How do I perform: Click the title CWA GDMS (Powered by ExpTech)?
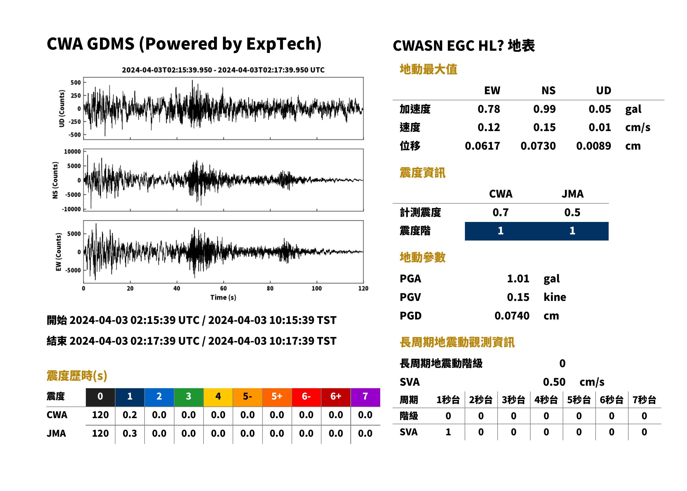[184, 44]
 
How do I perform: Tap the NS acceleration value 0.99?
[544, 109]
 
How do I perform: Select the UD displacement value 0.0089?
[593, 146]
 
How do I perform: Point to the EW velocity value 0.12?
[488, 127]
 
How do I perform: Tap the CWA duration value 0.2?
[130, 415]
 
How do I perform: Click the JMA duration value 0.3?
[130, 434]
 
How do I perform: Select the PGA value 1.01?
[518, 279]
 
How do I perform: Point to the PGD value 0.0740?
[512, 316]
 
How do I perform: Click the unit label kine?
[555, 297]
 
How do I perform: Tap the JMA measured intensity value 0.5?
[572, 213]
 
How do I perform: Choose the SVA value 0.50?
[554, 382]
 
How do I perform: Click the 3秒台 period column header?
[513, 400]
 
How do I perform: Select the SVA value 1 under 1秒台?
[448, 432]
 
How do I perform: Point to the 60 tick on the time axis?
[223, 288]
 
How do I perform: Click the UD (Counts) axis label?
[62, 108]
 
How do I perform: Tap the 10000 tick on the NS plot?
[72, 152]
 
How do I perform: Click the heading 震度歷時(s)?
[77, 376]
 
